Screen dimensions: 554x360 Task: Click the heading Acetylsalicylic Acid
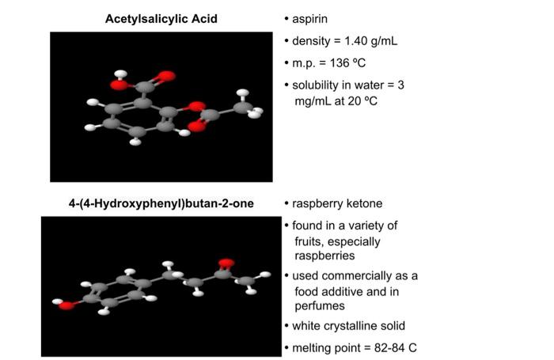click(161, 18)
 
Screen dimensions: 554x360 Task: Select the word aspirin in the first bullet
click(312, 18)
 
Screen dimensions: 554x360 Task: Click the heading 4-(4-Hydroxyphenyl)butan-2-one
click(161, 203)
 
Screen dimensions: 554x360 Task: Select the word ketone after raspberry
click(366, 203)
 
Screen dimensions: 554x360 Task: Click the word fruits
click(310, 241)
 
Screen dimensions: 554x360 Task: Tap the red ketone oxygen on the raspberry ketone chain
click(226, 262)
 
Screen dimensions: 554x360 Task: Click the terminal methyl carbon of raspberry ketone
click(246, 280)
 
